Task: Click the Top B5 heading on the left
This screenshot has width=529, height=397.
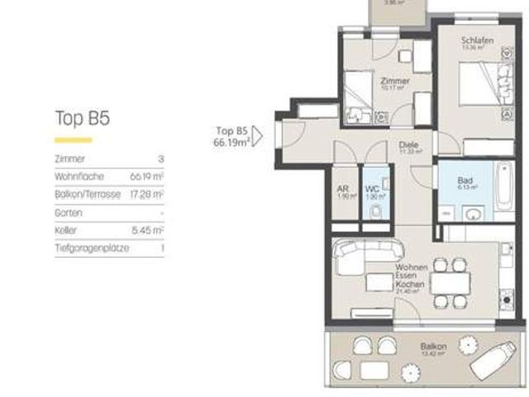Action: [x=82, y=118]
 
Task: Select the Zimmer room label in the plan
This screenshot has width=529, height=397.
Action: [x=394, y=81]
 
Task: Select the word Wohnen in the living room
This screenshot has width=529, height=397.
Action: [x=411, y=267]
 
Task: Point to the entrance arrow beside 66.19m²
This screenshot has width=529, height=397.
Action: [x=256, y=136]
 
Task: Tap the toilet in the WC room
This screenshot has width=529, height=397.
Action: [x=374, y=213]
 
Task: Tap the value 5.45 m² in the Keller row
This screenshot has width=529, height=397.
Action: [x=147, y=231]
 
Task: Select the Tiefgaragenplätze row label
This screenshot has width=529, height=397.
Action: [x=91, y=248]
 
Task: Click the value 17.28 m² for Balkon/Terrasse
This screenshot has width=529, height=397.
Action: [x=146, y=194]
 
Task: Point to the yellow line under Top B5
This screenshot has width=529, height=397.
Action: [x=73, y=140]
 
